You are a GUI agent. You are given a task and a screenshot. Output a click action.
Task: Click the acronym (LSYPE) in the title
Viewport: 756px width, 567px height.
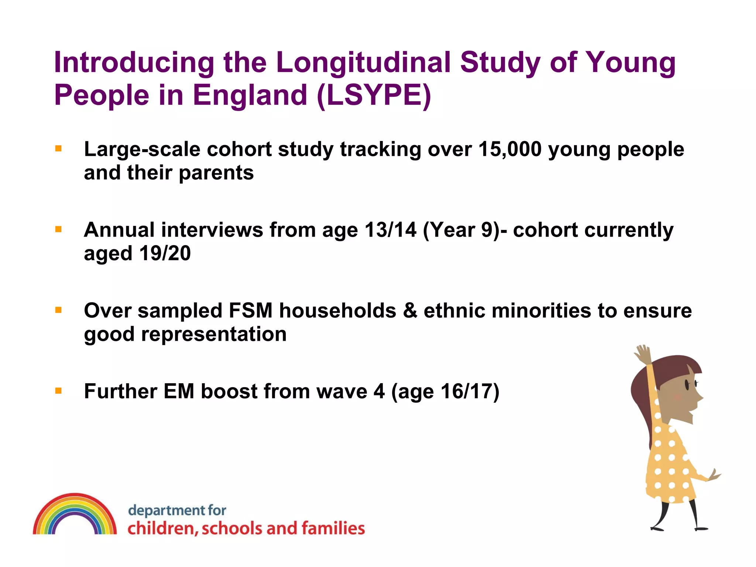tap(374, 95)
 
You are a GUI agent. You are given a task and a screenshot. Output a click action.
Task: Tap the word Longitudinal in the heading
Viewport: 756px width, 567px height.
tap(363, 62)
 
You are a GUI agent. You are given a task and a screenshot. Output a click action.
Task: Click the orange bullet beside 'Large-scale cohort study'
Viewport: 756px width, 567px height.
tap(58, 149)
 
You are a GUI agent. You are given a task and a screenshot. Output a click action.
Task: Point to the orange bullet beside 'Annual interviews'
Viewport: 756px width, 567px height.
tap(58, 230)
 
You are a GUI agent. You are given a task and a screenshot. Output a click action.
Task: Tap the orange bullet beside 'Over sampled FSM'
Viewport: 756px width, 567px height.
tap(58, 310)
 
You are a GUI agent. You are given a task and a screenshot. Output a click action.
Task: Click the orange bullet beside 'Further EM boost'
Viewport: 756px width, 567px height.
tap(58, 391)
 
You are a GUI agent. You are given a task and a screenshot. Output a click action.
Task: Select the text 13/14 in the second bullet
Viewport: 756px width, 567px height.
tap(390, 230)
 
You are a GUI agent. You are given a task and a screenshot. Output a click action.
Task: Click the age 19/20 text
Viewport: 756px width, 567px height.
tap(165, 254)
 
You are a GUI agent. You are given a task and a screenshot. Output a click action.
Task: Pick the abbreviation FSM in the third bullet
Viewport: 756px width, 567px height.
tap(250, 310)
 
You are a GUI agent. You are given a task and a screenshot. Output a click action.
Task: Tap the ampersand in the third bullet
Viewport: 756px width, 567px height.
tap(410, 310)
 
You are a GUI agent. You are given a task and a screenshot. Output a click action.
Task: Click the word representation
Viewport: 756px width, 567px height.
tap(214, 334)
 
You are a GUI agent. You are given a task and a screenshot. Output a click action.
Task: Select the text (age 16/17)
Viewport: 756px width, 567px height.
tap(445, 391)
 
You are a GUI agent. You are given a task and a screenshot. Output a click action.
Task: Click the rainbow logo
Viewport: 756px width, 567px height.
tap(75, 515)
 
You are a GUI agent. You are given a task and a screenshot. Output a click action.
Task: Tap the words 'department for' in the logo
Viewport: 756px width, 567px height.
tap(177, 511)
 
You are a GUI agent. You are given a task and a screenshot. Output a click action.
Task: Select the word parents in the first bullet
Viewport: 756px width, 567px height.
tap(216, 173)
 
